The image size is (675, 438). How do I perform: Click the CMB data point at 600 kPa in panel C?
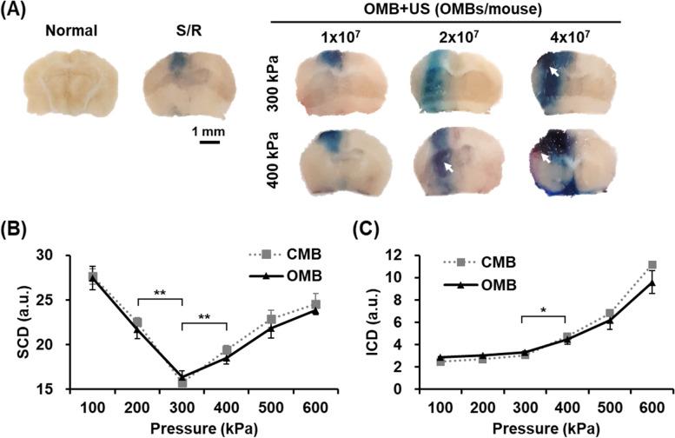(x=652, y=266)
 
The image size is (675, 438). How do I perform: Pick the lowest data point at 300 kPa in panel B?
(x=182, y=382)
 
